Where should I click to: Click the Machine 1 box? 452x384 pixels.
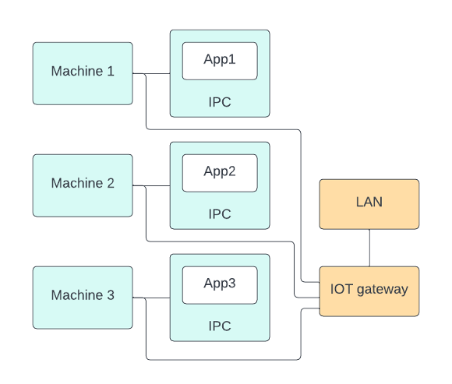tap(83, 73)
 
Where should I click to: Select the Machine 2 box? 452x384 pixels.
tap(83, 185)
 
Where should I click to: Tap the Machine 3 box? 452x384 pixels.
tap(83, 298)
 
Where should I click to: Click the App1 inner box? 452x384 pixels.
tap(220, 61)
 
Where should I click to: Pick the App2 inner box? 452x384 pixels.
tap(220, 173)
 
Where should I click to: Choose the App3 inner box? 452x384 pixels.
tap(220, 285)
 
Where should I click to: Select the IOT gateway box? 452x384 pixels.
tap(369, 291)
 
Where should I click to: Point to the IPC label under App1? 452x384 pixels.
tap(220, 102)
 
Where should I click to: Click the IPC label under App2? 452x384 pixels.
tap(220, 214)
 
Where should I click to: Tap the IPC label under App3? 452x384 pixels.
tap(220, 326)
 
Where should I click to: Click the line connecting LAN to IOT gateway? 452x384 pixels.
tap(369, 248)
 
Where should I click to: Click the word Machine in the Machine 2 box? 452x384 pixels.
tap(76, 184)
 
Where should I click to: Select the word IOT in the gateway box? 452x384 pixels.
tap(341, 290)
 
